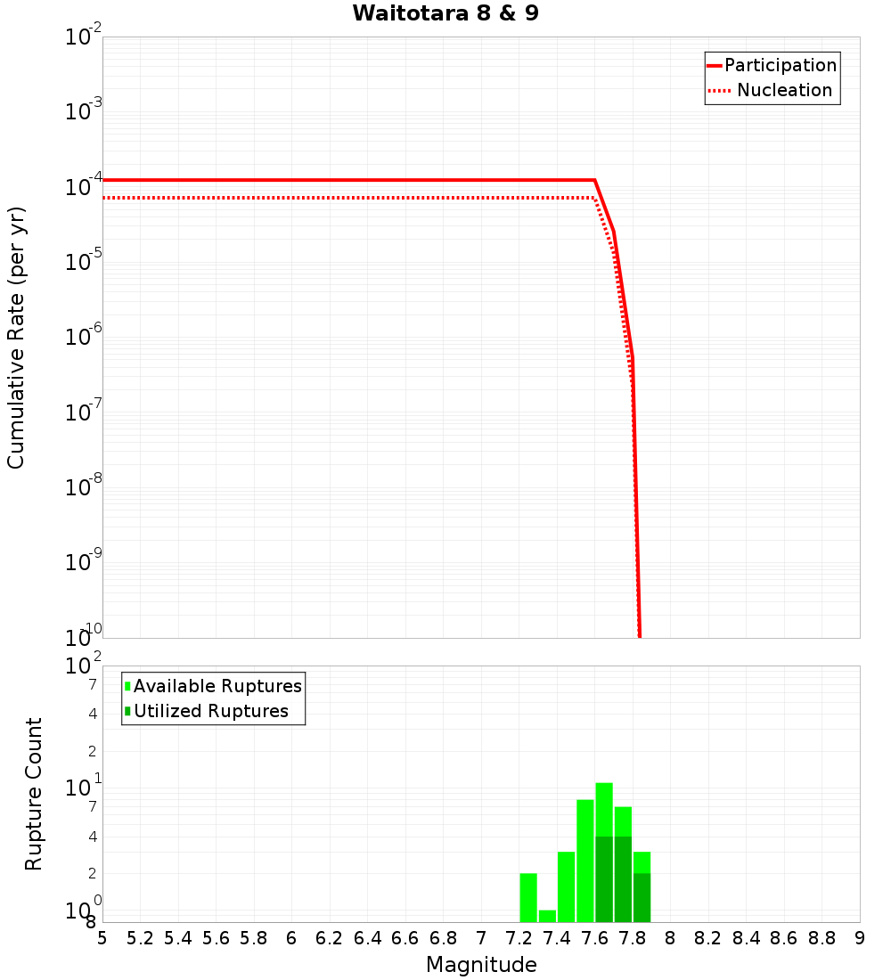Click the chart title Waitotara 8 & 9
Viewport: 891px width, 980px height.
tap(445, 13)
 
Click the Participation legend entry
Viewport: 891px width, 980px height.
tap(780, 65)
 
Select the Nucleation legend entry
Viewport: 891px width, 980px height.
tap(783, 90)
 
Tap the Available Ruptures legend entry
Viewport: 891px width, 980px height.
tap(217, 686)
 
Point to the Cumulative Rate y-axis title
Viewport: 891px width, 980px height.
tap(16, 338)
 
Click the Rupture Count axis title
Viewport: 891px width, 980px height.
tap(34, 794)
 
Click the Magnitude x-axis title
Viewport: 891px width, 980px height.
tap(481, 965)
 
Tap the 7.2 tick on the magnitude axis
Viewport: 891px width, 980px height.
tap(519, 938)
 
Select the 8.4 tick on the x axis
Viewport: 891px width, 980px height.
tap(746, 938)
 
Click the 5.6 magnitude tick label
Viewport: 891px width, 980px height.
tap(216, 938)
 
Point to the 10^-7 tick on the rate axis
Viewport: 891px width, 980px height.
tap(84, 412)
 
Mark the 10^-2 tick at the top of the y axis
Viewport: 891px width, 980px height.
tap(84, 37)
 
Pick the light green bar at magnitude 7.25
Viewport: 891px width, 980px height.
tap(528, 898)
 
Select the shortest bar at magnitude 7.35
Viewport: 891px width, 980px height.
tap(547, 916)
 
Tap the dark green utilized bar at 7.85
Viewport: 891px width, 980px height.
tap(642, 898)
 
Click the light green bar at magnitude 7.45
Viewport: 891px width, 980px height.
tap(566, 886)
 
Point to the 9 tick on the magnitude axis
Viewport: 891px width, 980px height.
tap(859, 938)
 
